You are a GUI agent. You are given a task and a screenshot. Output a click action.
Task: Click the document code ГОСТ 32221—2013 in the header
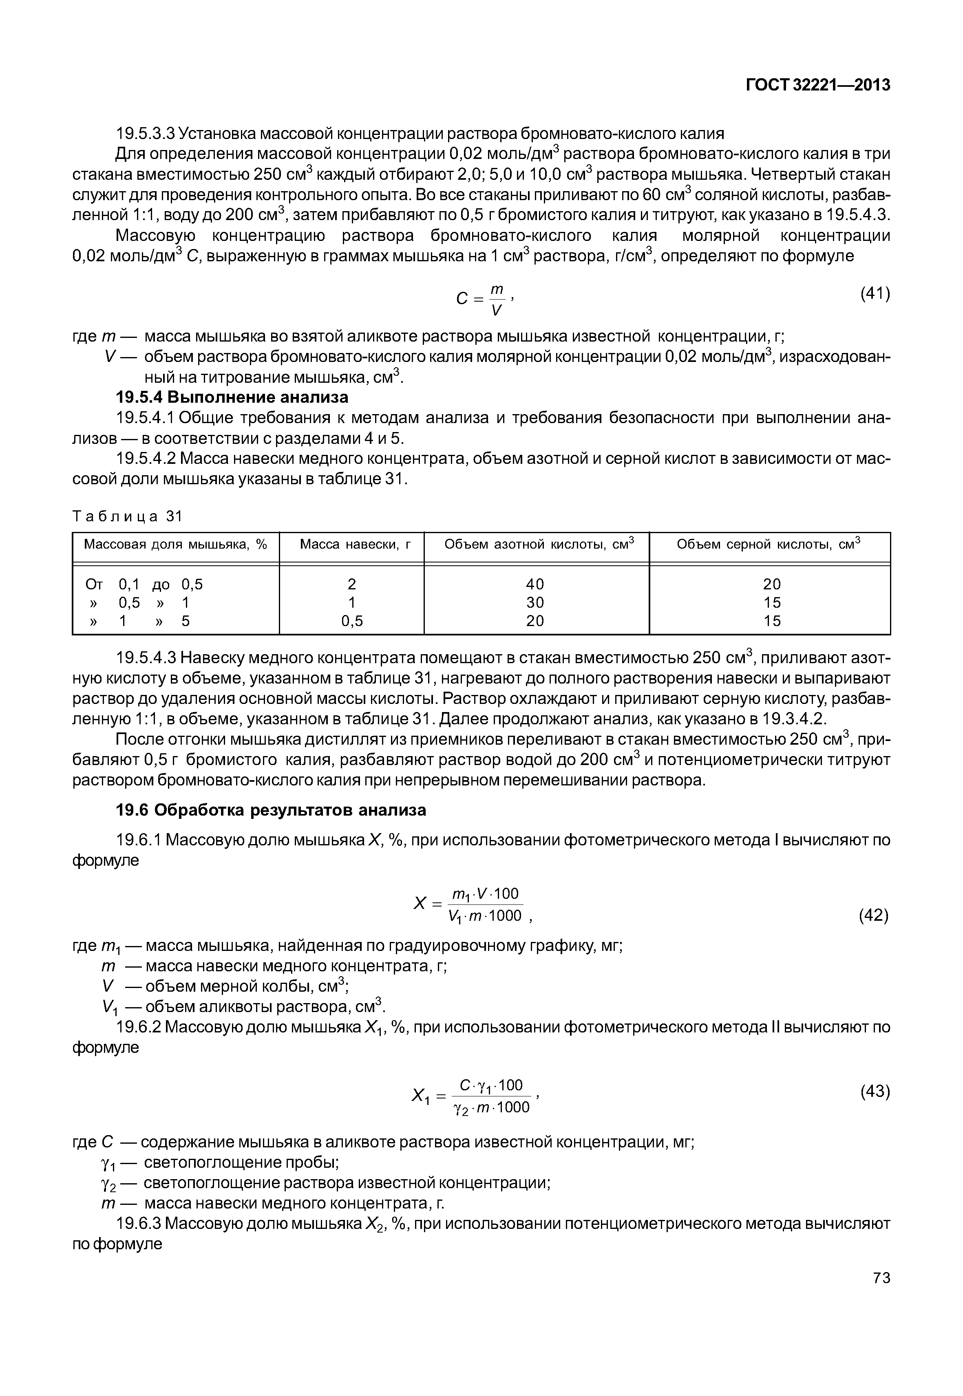(817, 85)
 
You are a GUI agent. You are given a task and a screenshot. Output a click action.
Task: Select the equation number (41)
(875, 294)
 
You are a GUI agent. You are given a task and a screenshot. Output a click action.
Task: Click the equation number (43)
(875, 1092)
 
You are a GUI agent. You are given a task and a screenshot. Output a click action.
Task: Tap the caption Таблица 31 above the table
(127, 516)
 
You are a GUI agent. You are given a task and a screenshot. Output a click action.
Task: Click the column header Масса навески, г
(355, 545)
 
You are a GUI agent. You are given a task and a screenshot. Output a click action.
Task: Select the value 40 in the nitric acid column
(535, 584)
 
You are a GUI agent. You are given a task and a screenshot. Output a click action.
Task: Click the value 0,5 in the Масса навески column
(352, 621)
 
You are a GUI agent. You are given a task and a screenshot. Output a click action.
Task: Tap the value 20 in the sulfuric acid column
(772, 584)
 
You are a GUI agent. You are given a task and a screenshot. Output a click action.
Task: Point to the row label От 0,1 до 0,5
(145, 584)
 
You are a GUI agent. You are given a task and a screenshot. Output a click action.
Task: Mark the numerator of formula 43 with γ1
(490, 1085)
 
